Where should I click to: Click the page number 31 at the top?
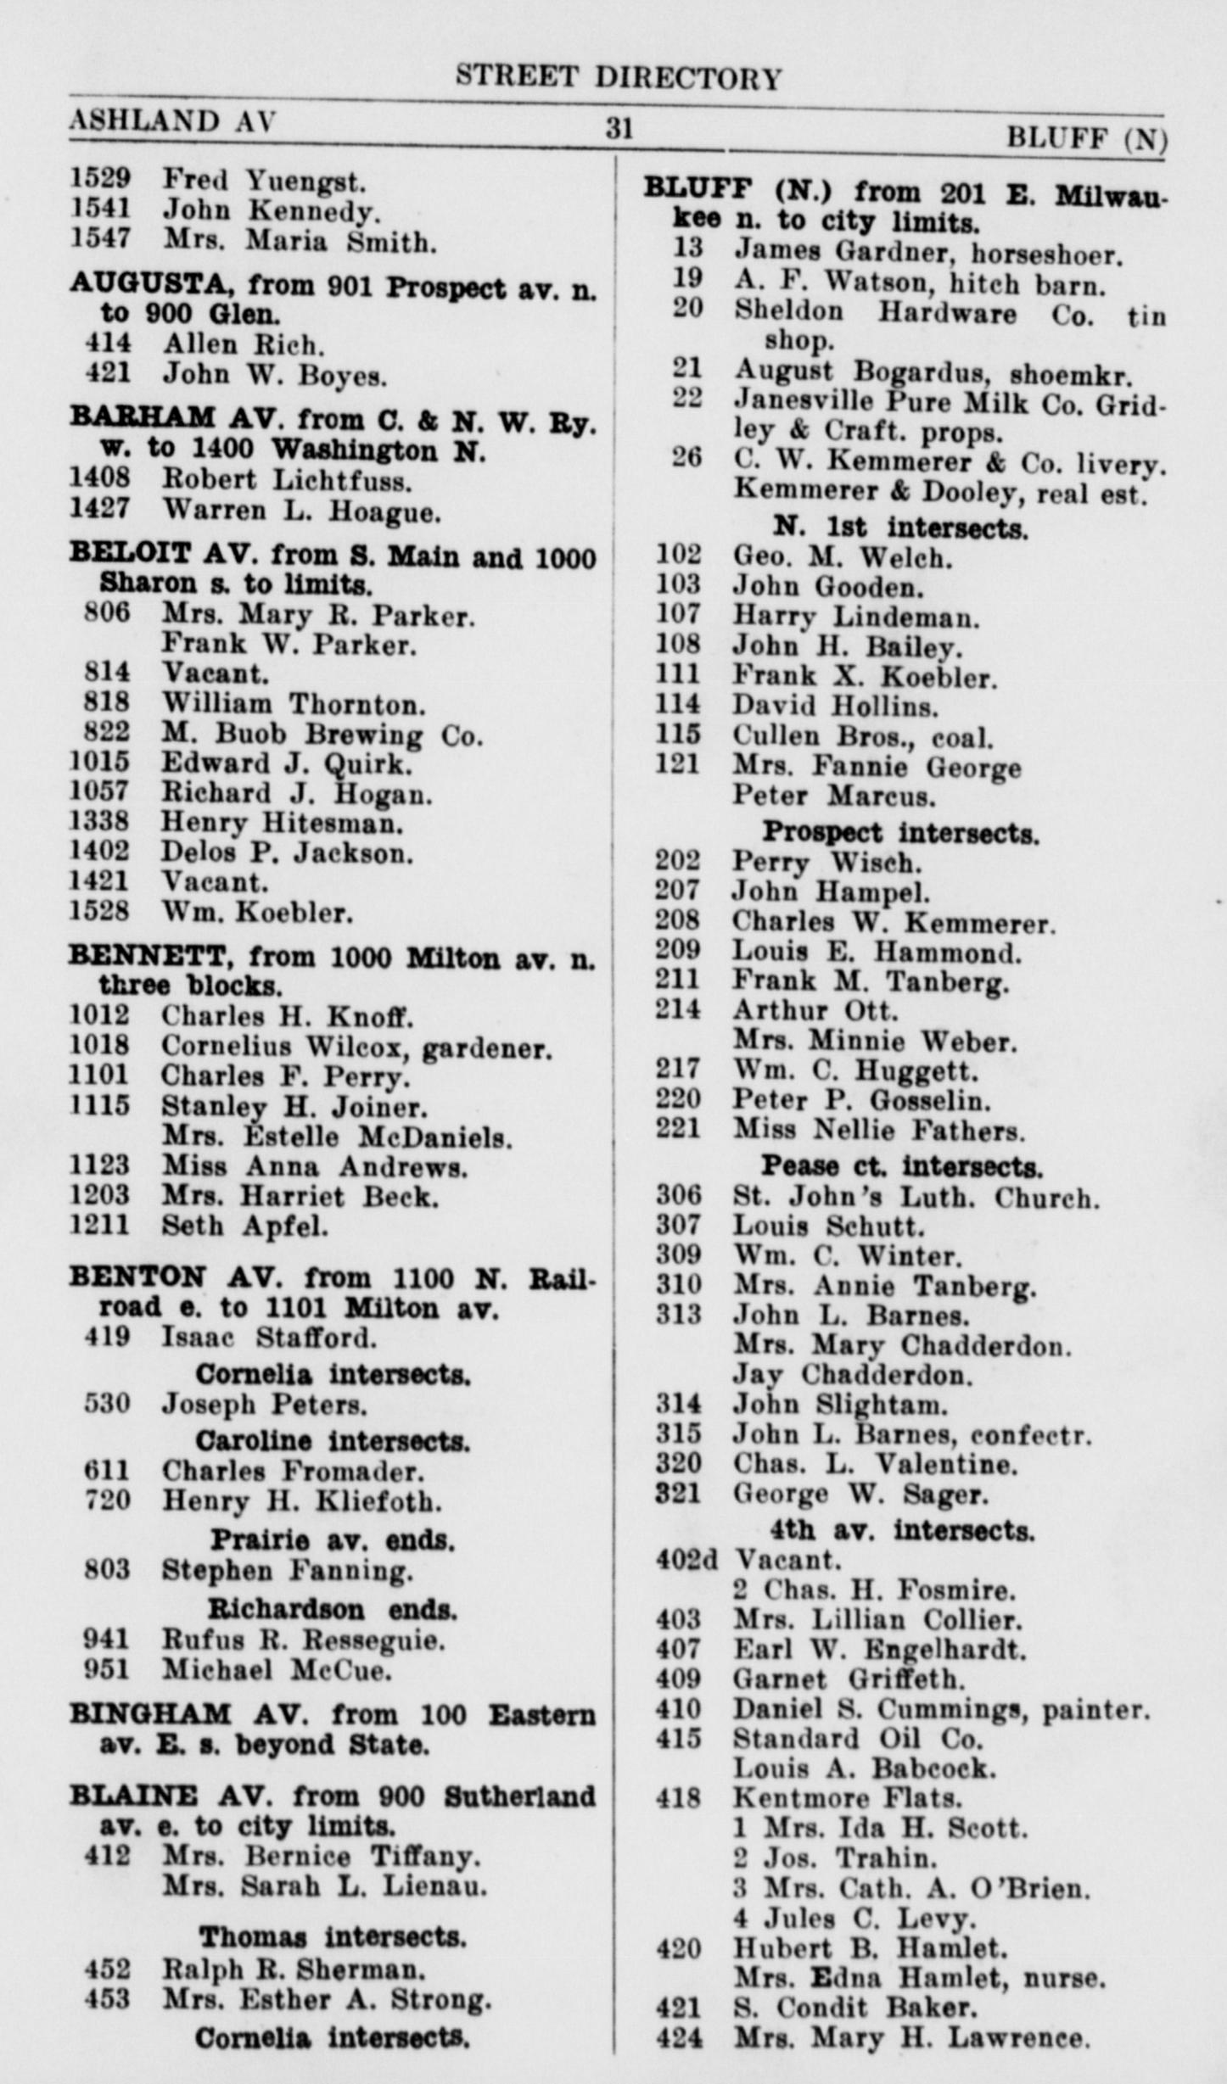pos(619,128)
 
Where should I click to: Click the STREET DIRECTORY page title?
pos(618,78)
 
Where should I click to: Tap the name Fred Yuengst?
pos(264,181)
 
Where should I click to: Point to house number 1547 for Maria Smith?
pos(100,241)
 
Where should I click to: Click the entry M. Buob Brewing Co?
pos(322,735)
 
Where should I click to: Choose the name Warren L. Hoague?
pos(302,511)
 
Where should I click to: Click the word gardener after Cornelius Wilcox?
pos(486,1049)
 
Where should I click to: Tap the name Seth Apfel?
pos(245,1226)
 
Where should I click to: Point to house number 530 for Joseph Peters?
pos(107,1404)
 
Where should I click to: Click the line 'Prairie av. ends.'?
pos(332,1539)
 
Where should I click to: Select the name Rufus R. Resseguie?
pos(304,1640)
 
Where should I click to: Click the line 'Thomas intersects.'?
pos(332,1936)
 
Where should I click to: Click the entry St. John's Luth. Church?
pos(916,1198)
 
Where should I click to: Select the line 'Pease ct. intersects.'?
pos(901,1166)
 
